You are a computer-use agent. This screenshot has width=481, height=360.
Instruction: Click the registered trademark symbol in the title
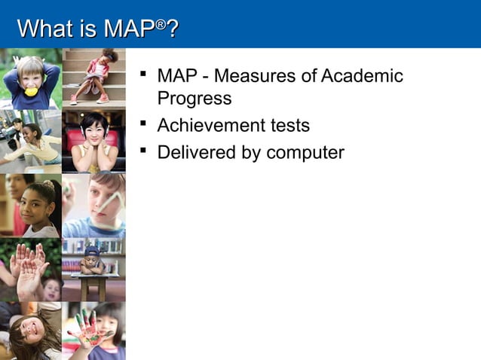tap(160, 24)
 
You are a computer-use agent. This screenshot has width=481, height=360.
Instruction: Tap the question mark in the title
tap(172, 29)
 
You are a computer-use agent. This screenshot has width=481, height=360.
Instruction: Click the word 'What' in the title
tap(44, 29)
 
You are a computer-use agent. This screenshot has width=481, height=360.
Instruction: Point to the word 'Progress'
tap(194, 99)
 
